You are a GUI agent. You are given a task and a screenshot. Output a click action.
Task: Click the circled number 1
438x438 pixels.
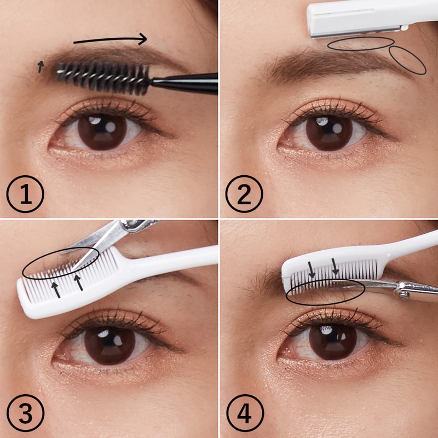pyautogui.click(x=25, y=194)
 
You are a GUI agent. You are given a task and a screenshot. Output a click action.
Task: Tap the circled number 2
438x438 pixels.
pyautogui.click(x=244, y=194)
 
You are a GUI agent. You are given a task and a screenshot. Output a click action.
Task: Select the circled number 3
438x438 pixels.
pyautogui.click(x=25, y=413)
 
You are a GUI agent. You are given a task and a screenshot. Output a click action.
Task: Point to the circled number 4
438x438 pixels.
pyautogui.click(x=245, y=413)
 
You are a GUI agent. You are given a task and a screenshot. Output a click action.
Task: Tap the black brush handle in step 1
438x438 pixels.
pyautogui.click(x=185, y=83)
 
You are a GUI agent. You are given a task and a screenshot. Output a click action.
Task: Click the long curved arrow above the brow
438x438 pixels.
pyautogui.click(x=110, y=40)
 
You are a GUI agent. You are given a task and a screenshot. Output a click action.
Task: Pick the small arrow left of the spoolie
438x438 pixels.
pyautogui.click(x=41, y=66)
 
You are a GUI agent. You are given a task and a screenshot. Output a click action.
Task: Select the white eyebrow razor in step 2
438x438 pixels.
pyautogui.click(x=372, y=19)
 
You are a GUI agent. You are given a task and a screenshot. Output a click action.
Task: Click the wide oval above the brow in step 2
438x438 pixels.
pyautogui.click(x=361, y=44)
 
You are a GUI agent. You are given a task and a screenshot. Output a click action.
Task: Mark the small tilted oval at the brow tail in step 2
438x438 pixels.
pyautogui.click(x=407, y=60)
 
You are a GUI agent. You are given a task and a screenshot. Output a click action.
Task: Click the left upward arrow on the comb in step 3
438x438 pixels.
pyautogui.click(x=56, y=290)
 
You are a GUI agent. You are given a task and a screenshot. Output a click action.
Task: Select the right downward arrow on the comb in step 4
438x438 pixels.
pyautogui.click(x=335, y=267)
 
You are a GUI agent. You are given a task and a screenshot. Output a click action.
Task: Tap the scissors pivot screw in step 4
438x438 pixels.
pyautogui.click(x=402, y=292)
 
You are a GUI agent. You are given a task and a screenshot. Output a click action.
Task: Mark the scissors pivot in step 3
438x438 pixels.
pyautogui.click(x=131, y=224)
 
